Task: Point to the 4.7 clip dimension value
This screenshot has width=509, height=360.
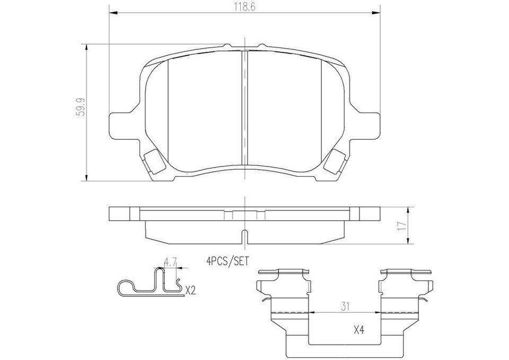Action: [170, 261]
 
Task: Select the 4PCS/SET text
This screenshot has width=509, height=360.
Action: [227, 260]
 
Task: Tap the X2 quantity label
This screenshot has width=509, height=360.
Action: [191, 290]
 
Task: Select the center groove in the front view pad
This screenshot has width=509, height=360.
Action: [244, 106]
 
